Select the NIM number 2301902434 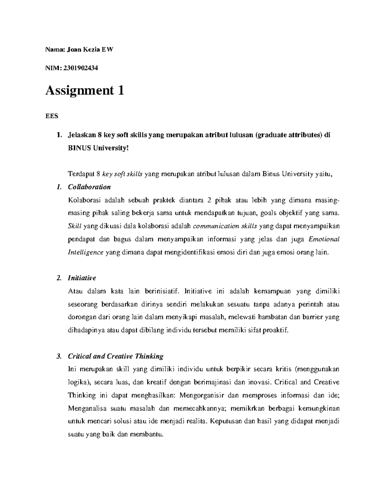point(81,68)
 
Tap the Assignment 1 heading point(85,91)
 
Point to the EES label point(52,116)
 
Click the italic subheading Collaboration point(89,187)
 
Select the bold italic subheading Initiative point(82,278)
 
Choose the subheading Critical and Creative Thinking point(116,356)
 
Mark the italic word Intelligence point(86,252)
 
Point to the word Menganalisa point(84,409)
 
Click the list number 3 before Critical point(58,356)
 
